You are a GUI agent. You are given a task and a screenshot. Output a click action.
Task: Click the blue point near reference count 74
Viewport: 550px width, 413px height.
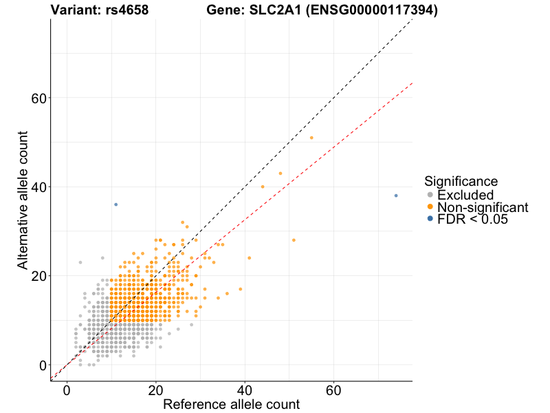click(x=396, y=195)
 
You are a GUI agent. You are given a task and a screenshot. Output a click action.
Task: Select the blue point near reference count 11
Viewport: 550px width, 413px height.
click(x=115, y=204)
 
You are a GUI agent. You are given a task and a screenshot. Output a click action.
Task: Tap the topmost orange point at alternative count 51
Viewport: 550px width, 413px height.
click(x=311, y=138)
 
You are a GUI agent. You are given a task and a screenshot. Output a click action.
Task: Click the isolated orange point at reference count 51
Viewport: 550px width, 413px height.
click(x=294, y=240)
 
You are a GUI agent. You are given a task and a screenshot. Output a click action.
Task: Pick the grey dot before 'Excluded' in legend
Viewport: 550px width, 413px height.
click(x=430, y=195)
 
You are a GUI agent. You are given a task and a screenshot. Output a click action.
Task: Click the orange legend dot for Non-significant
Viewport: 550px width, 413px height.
click(x=430, y=207)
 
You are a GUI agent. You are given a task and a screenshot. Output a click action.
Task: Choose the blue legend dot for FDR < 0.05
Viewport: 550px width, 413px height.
click(x=430, y=219)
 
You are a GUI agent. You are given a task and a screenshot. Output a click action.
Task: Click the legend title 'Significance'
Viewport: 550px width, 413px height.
click(x=461, y=182)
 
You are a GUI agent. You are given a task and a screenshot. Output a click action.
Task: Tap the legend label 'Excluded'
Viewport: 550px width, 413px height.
click(x=465, y=195)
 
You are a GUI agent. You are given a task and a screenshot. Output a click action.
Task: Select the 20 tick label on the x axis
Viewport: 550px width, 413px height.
click(x=156, y=390)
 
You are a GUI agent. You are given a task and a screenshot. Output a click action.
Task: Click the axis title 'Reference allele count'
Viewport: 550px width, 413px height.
click(x=231, y=404)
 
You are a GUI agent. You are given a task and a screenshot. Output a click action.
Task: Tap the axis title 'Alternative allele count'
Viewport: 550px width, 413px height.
click(x=23, y=200)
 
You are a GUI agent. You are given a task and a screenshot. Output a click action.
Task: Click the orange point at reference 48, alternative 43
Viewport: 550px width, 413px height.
click(x=280, y=173)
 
